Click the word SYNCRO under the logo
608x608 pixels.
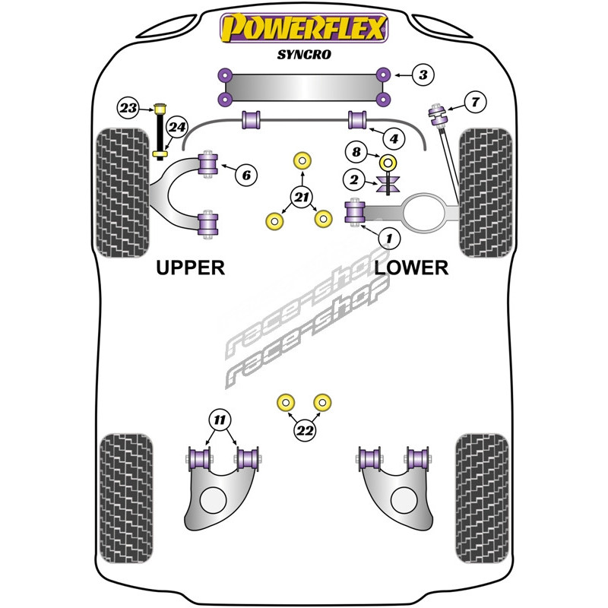tap(304, 55)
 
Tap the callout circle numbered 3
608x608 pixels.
tap(423, 74)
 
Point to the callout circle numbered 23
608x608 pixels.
tap(128, 108)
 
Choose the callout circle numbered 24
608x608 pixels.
tap(176, 127)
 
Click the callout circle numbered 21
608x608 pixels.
tap(303, 198)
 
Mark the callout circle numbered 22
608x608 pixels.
tap(305, 431)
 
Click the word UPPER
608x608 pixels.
tap(190, 268)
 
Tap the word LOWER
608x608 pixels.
tap(411, 268)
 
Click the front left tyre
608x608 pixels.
tap(121, 193)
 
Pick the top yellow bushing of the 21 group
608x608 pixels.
tap(303, 160)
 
